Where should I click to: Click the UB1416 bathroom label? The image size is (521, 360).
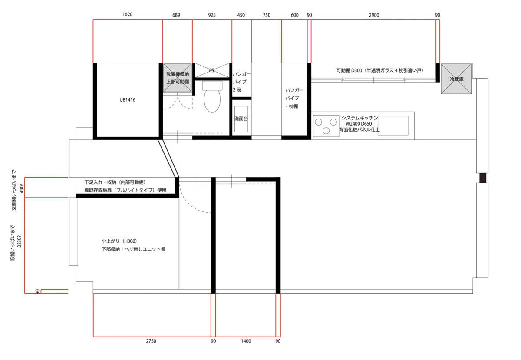(128, 100)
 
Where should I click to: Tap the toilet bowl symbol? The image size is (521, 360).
(212, 99)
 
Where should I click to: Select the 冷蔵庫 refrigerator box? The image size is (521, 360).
(456, 79)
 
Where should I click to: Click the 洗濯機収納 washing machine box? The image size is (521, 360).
(178, 78)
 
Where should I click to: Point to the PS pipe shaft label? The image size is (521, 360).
(211, 70)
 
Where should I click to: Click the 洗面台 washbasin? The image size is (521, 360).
(241, 119)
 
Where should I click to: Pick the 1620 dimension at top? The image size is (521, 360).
(128, 14)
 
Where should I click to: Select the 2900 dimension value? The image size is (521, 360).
(374, 15)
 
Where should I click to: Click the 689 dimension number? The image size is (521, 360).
(176, 15)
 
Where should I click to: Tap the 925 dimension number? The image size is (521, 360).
(212, 15)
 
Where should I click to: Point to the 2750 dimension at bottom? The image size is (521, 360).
(151, 341)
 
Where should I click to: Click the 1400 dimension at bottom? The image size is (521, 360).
(246, 341)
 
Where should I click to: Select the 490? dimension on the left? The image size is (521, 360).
(22, 188)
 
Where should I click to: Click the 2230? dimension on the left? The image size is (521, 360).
(20, 241)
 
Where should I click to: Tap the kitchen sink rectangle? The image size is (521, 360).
(393, 126)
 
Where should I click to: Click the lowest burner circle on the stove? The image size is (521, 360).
(326, 131)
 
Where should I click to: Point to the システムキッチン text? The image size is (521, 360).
(360, 118)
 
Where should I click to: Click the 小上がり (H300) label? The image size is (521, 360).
(119, 241)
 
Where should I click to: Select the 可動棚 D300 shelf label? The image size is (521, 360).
(350, 70)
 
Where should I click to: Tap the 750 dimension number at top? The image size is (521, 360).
(267, 15)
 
